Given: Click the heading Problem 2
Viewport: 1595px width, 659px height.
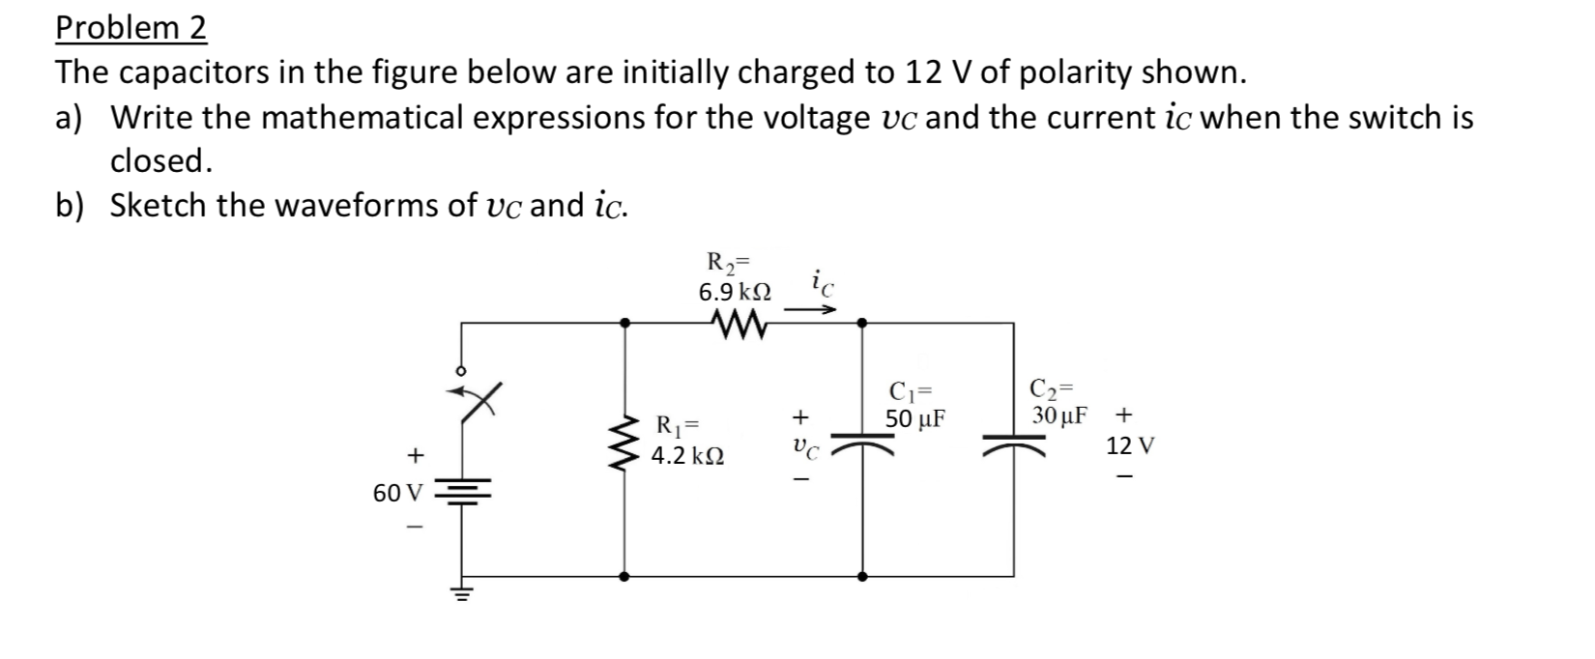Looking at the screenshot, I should point(130,28).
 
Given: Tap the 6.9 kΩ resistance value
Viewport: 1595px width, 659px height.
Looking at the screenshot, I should point(735,290).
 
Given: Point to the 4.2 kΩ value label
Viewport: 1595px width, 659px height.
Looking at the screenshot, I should point(688,455).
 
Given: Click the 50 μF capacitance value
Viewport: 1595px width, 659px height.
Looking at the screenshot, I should point(915,419).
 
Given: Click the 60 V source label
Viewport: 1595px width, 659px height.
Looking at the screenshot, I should point(396,493).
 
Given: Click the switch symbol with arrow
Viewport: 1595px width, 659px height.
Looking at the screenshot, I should point(476,398).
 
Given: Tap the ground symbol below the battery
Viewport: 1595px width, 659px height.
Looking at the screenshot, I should point(462,592).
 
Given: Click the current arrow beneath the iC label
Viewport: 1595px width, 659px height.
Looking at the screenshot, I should point(810,310).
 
